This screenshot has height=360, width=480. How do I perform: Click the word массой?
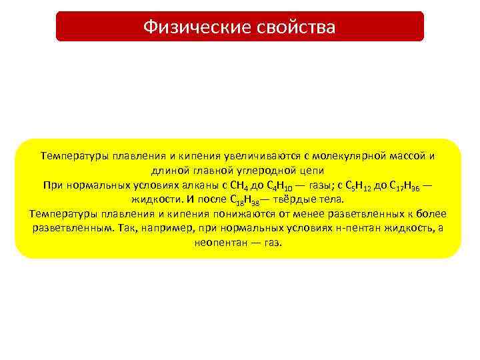[408, 156]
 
